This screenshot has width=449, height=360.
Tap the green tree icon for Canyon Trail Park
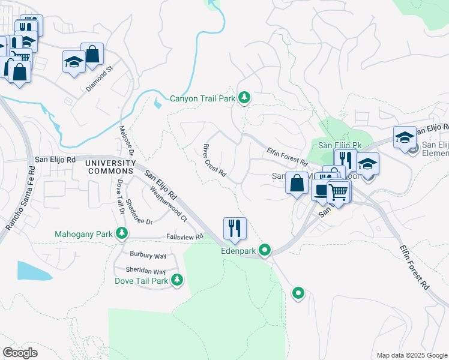pyautogui.click(x=244, y=97)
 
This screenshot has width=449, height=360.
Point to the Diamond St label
pyautogui.click(x=99, y=79)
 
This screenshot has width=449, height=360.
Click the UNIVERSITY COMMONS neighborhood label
pyautogui.click(x=110, y=167)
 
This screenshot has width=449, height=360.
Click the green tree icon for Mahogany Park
pyautogui.click(x=122, y=233)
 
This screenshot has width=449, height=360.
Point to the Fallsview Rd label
pyautogui.click(x=185, y=236)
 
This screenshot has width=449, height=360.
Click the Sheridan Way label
pyautogui.click(x=146, y=271)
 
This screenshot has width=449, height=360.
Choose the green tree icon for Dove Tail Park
pyautogui.click(x=177, y=279)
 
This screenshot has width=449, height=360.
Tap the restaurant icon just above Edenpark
pyautogui.click(x=235, y=228)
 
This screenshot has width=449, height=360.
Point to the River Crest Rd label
pyautogui.click(x=214, y=161)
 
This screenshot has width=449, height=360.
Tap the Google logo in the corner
pyautogui.click(x=20, y=353)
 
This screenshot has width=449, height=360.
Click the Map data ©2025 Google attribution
pyautogui.click(x=412, y=355)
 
